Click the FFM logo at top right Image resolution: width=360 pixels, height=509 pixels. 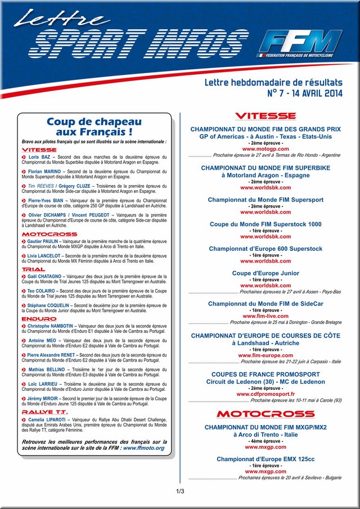[x=304, y=42]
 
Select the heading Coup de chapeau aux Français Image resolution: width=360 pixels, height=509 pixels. [x=94, y=127]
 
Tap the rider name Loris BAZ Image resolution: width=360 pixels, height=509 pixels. [x=39, y=156]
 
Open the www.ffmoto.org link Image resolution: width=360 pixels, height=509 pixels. [x=143, y=448]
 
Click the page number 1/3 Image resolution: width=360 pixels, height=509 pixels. [x=180, y=492]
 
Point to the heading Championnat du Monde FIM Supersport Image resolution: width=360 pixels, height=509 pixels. [x=265, y=200]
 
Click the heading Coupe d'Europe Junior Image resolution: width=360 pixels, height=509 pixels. [x=265, y=273]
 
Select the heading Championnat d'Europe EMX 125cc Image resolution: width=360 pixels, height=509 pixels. [x=265, y=459]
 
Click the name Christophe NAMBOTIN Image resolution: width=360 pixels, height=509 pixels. [x=51, y=326]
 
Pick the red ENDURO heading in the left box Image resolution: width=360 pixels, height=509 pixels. [x=39, y=319]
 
